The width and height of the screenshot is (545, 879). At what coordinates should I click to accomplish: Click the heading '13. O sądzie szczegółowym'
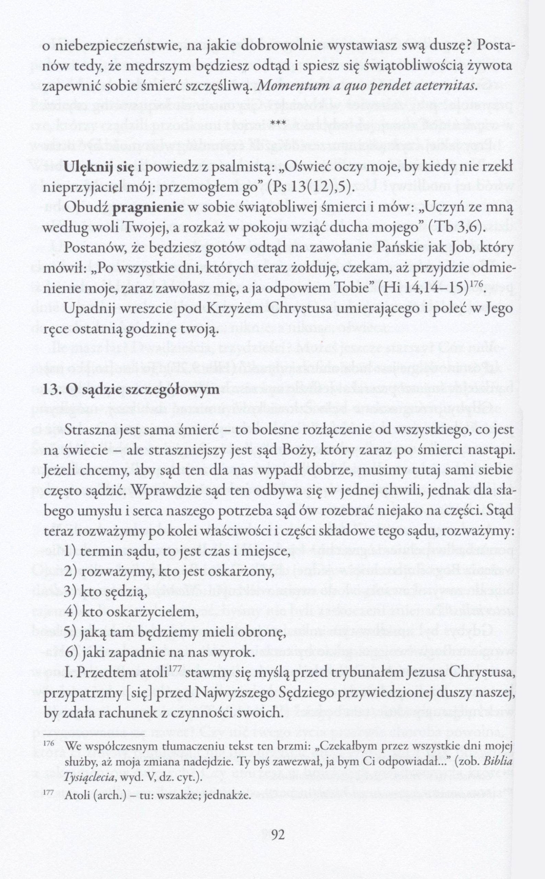click(131, 390)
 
